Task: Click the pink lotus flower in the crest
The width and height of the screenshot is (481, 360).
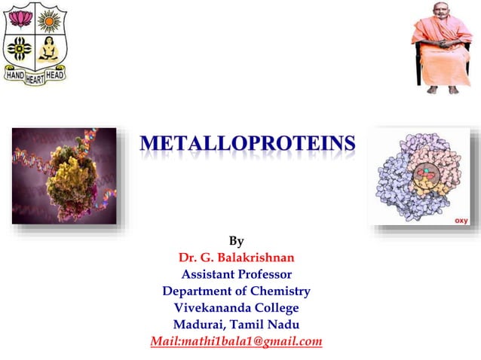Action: coord(18,19)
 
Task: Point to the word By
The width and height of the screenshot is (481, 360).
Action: coord(236,242)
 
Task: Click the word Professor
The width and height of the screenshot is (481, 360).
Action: coord(267,274)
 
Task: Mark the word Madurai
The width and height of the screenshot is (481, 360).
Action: coord(198,325)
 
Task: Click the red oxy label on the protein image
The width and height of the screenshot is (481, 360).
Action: coord(460,220)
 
